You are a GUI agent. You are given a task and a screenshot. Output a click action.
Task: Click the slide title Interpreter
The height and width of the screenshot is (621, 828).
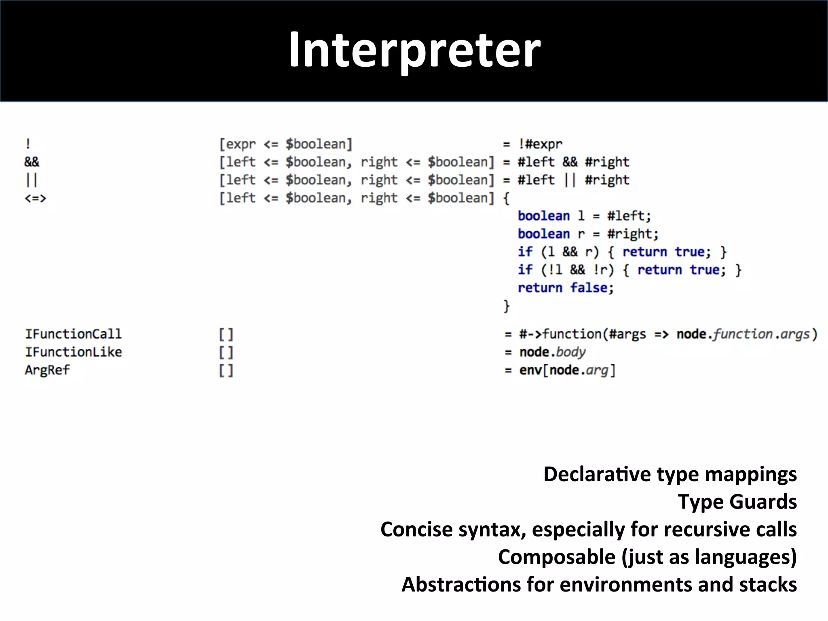[414, 50]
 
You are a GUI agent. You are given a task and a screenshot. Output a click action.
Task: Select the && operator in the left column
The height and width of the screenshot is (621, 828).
[32, 162]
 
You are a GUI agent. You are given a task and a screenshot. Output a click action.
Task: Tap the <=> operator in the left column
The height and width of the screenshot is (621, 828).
[36, 198]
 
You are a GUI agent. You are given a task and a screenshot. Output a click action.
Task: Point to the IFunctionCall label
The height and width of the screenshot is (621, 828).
[73, 334]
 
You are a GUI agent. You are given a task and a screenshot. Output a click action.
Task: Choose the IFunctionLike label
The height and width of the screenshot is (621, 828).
[73, 352]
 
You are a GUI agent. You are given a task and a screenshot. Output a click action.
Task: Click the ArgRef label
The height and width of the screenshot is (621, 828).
[47, 370]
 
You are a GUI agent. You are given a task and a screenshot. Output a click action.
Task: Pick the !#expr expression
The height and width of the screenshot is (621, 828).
[540, 144]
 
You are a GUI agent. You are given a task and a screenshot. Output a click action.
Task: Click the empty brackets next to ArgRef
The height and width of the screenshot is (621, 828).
[226, 370]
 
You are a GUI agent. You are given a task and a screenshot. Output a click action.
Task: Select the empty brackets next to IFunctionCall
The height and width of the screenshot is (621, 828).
[226, 334]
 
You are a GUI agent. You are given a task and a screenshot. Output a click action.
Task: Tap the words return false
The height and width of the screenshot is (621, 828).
[566, 288]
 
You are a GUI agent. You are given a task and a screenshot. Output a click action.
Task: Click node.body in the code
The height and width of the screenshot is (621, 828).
[552, 352]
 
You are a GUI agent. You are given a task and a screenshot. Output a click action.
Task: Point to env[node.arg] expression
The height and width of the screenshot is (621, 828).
[567, 370]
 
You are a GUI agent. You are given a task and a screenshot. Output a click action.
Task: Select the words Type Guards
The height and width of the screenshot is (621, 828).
[737, 502]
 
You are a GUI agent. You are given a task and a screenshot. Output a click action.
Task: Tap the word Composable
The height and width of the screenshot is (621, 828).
[556, 557]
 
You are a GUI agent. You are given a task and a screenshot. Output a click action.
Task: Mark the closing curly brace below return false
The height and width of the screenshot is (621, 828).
[507, 306]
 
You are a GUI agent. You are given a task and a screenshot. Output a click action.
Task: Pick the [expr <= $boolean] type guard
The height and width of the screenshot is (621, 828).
[286, 144]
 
